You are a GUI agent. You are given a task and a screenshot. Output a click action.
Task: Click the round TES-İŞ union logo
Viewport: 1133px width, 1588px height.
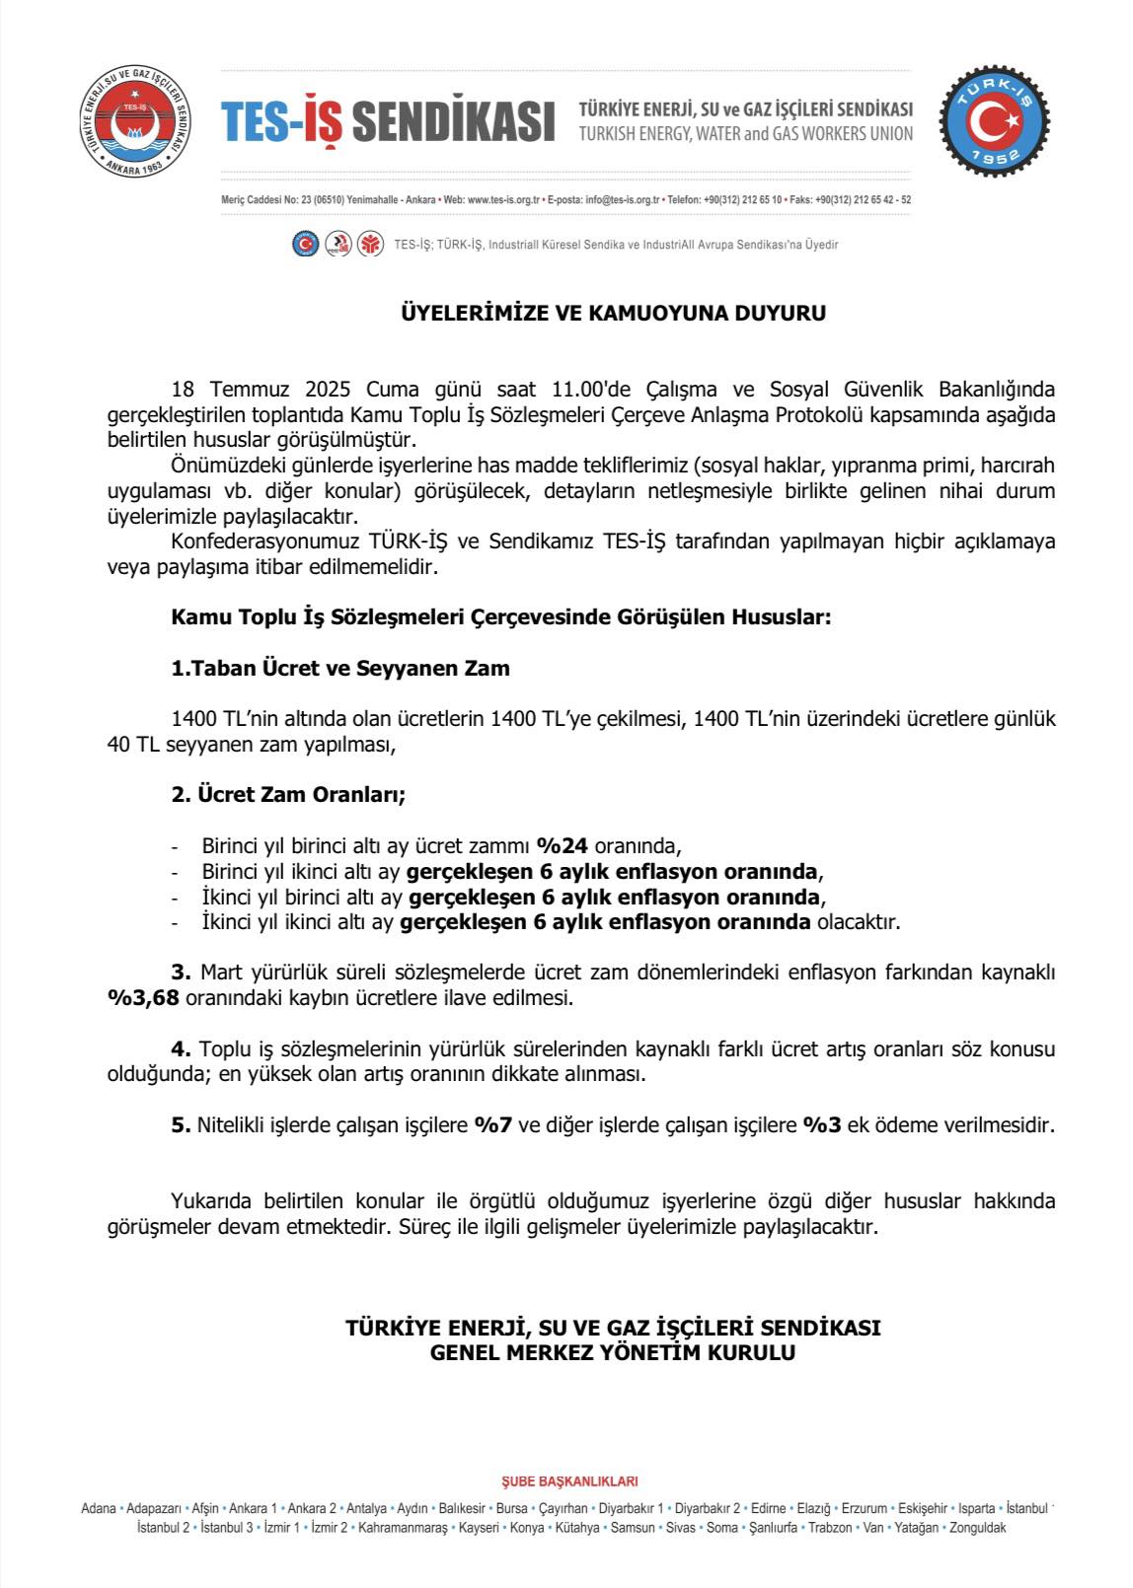tap(136, 124)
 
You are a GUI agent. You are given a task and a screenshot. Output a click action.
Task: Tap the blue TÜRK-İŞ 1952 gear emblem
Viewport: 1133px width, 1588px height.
tap(994, 123)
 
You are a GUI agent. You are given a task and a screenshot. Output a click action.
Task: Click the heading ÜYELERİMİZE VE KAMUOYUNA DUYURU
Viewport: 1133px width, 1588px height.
tap(613, 314)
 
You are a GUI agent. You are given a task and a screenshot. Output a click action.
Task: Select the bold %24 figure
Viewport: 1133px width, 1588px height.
tap(562, 846)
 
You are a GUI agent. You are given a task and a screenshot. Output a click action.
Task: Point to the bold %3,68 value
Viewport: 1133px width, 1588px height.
tap(143, 998)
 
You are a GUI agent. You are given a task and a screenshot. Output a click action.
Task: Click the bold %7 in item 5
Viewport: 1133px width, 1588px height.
tap(492, 1125)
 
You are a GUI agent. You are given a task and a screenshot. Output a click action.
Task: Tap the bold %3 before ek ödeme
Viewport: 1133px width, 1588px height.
tap(822, 1125)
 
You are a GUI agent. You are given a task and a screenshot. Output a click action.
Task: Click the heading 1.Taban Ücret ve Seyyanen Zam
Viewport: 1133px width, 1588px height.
tap(340, 669)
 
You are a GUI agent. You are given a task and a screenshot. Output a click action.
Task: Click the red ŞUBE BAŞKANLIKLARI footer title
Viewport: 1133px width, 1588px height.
tap(570, 1480)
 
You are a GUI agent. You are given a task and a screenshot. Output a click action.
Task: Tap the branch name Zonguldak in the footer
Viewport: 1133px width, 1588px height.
tap(977, 1528)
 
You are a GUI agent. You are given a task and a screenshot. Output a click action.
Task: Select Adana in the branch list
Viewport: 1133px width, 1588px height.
tap(99, 1508)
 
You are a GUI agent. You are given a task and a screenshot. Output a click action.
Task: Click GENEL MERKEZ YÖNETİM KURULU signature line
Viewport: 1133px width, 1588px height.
tap(613, 1353)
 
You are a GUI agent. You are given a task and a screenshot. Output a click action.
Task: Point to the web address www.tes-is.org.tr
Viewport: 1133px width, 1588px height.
tap(503, 200)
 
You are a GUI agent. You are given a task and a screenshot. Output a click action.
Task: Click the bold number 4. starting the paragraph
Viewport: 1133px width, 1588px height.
tap(181, 1049)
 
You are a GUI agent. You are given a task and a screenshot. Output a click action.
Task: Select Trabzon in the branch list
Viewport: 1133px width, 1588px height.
tap(831, 1528)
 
